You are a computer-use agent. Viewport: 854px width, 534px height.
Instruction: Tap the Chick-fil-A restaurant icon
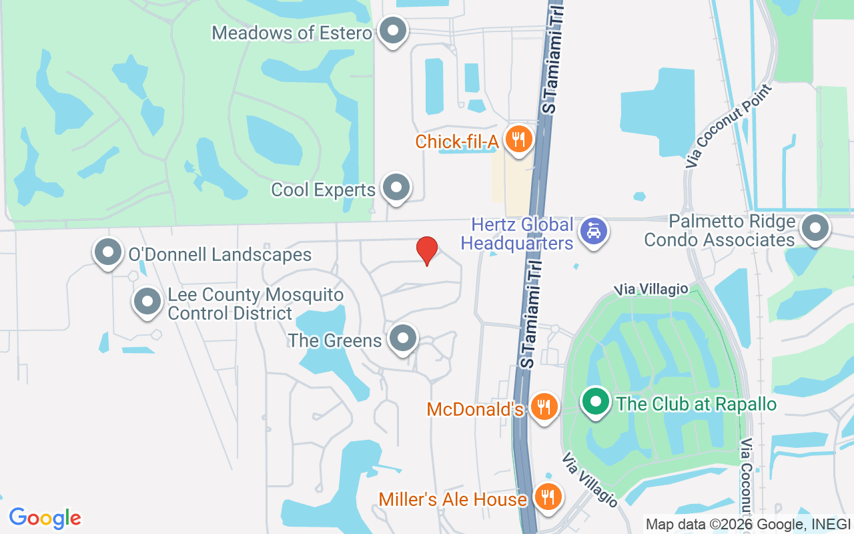tap(517, 139)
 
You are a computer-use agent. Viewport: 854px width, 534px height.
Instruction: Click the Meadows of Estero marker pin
tap(392, 31)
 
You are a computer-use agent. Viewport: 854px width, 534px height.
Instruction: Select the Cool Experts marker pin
tap(397, 188)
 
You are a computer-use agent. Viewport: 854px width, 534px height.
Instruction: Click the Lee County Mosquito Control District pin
tap(147, 302)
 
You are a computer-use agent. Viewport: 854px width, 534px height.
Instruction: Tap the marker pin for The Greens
tap(402, 339)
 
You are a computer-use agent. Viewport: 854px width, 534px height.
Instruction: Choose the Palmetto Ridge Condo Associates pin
tap(814, 229)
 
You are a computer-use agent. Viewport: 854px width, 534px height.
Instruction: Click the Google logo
tap(45, 518)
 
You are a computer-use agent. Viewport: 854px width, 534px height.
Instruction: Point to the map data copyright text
tap(747, 524)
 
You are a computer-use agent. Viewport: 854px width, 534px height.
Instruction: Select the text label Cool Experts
tap(323, 190)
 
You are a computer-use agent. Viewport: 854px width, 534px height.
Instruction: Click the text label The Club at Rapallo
tap(697, 404)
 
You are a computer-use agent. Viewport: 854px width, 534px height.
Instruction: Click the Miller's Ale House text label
tap(453, 499)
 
